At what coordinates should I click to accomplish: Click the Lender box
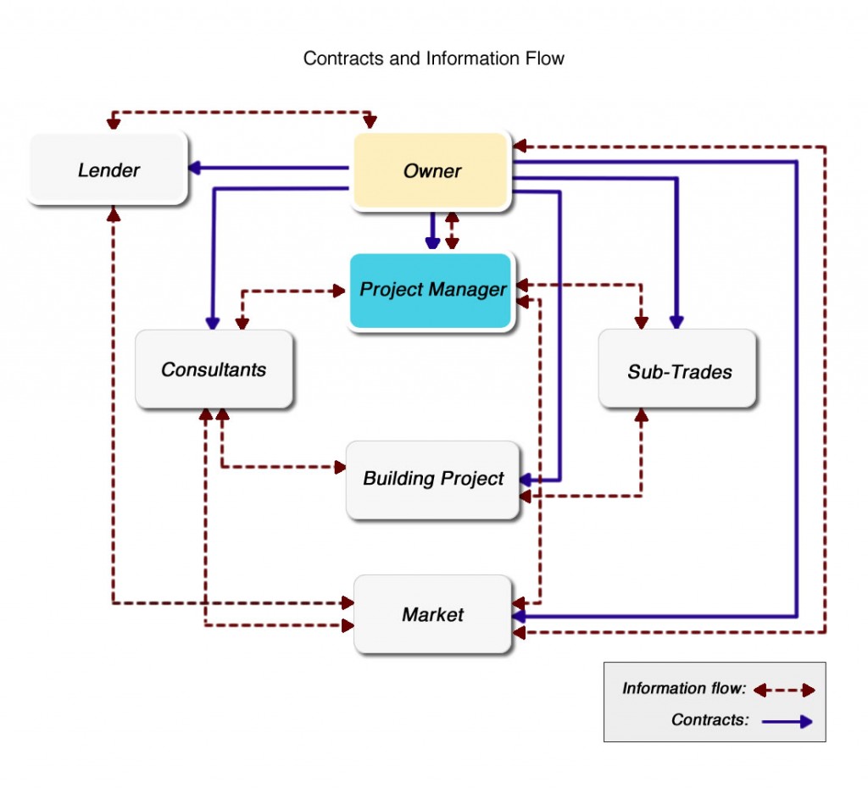(108, 169)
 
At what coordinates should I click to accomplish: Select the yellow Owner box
(431, 170)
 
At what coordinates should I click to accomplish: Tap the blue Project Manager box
(432, 290)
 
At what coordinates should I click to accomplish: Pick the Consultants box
(214, 369)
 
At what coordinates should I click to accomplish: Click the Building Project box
(433, 479)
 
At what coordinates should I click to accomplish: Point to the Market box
(432, 614)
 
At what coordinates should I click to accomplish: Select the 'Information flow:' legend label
(683, 689)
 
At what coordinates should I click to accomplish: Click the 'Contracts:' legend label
(710, 720)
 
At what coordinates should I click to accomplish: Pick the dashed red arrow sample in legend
(783, 690)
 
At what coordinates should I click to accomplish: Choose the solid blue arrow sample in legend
(787, 721)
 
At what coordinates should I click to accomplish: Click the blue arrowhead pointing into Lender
(194, 168)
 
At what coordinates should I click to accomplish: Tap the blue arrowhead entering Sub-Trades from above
(676, 322)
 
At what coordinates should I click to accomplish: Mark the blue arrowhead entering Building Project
(526, 480)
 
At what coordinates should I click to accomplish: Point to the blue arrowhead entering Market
(520, 616)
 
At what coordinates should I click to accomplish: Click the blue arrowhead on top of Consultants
(213, 323)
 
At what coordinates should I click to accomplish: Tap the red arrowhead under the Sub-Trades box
(642, 416)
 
